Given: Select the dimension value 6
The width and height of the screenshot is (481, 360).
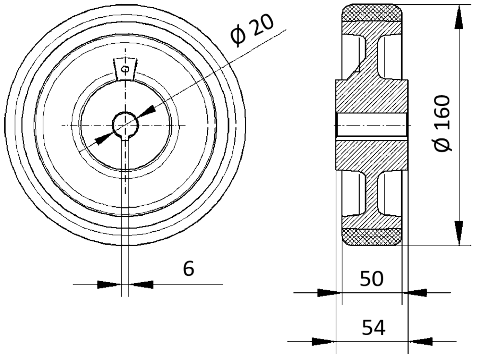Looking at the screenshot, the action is click(x=189, y=269).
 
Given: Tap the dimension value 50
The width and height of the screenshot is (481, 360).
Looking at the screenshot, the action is click(x=371, y=279).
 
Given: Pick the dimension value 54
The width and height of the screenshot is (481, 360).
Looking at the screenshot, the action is click(x=373, y=327).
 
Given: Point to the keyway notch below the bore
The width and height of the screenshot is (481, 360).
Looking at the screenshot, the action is click(x=125, y=137).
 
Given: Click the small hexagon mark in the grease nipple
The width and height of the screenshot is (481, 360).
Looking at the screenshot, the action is click(x=125, y=69).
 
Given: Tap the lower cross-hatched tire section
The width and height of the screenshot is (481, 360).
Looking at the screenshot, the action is click(x=372, y=237).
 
